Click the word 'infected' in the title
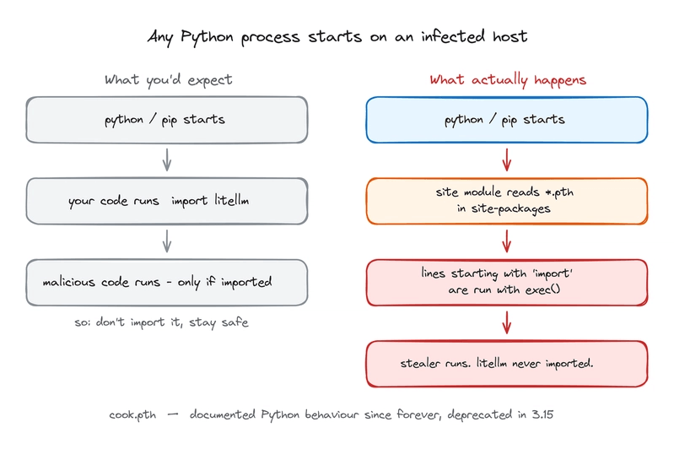click(453, 36)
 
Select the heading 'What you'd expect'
click(169, 80)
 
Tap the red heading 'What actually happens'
click(508, 80)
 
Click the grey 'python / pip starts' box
click(167, 120)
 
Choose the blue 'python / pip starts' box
click(507, 120)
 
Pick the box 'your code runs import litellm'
click(167, 201)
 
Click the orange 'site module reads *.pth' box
click(507, 201)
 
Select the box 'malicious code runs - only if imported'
click(167, 282)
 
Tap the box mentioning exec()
click(507, 282)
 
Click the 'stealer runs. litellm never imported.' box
click(507, 364)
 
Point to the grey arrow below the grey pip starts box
click(167, 160)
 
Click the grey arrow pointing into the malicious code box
click(167, 241)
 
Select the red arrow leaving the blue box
click(507, 160)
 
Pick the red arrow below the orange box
click(507, 241)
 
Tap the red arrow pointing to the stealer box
click(507, 322)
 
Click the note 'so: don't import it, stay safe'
click(161, 322)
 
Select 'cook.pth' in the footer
click(132, 414)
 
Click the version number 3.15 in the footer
click(542, 414)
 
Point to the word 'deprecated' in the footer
click(480, 414)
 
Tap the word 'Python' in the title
click(207, 37)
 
